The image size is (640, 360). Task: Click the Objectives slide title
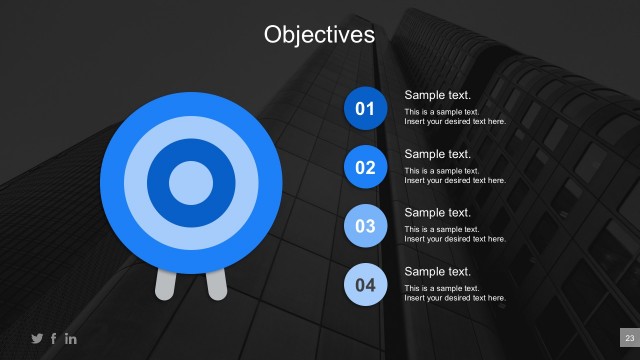tap(319, 35)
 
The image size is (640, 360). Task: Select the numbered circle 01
tap(365, 108)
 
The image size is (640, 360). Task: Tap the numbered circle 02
tap(365, 167)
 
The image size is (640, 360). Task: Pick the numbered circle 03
tap(365, 226)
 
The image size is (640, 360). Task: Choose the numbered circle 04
tap(365, 285)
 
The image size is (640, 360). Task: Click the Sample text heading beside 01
tap(437, 95)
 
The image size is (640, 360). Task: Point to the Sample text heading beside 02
tap(437, 154)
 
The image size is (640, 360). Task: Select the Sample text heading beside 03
tap(437, 213)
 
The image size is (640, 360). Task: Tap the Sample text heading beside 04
tap(437, 272)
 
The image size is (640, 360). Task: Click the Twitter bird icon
tap(37, 338)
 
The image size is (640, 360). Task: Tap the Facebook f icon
tap(54, 338)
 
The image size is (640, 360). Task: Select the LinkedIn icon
tap(70, 338)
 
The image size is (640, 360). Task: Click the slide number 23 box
tap(629, 337)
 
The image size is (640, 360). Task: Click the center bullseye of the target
tap(190, 182)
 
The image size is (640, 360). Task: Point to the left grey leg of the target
tap(166, 283)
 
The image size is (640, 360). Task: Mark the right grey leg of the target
tap(215, 283)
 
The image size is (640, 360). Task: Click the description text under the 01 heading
tap(455, 116)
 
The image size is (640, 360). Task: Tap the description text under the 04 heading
tap(455, 293)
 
